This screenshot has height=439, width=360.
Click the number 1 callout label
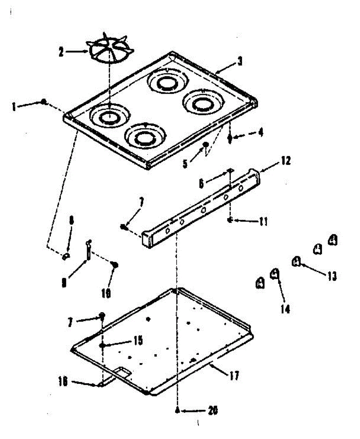point(14,106)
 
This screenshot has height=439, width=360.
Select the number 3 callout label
point(239,62)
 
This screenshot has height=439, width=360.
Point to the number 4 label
point(260,132)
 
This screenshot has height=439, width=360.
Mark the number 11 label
point(263,221)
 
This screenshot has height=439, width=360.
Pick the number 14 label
point(285,309)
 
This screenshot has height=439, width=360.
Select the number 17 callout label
point(235,375)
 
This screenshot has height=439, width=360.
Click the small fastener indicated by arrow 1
point(44,102)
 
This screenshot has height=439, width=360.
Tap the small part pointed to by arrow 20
point(177,410)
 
